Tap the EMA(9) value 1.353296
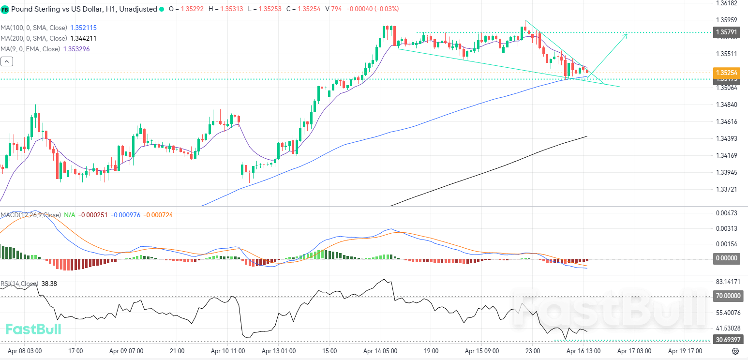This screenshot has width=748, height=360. [x=76, y=49]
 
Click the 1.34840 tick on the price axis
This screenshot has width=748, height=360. [x=726, y=105]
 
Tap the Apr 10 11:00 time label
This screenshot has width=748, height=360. [x=228, y=351]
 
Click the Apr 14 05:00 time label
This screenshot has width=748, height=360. [x=380, y=351]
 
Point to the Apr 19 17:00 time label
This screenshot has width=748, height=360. [x=684, y=351]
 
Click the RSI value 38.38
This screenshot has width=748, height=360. [x=49, y=284]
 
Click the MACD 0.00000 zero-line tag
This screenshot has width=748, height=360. [x=727, y=258]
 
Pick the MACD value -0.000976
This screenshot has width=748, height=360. [x=126, y=215]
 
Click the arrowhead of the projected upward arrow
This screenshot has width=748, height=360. [x=627, y=34]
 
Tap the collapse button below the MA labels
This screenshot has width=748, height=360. [x=7, y=61]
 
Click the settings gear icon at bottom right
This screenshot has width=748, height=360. [x=735, y=351]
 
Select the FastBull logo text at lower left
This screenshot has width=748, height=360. [x=33, y=330]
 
